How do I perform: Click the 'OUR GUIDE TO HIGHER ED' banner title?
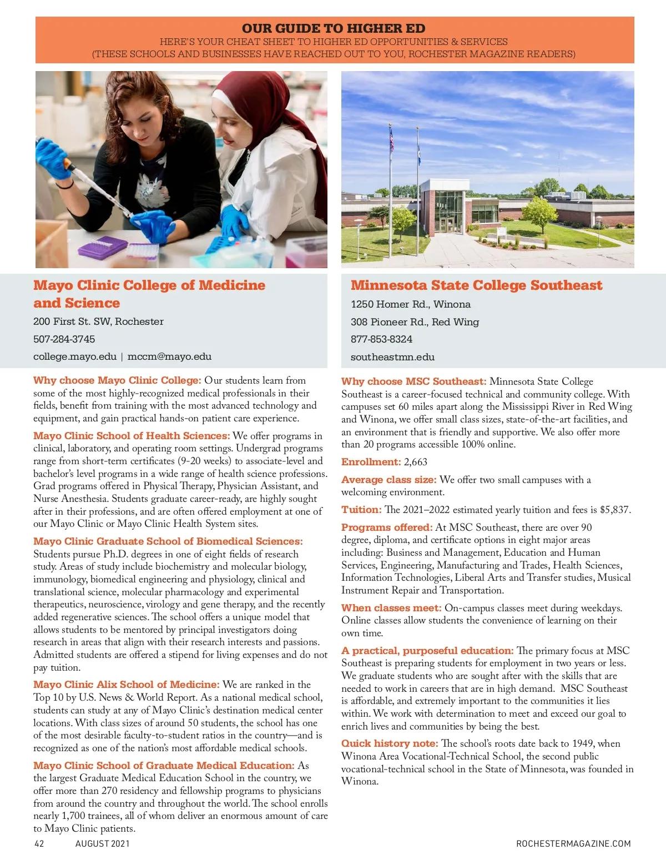(x=334, y=28)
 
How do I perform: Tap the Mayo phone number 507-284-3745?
(x=64, y=339)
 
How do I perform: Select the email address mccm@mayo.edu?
(x=169, y=356)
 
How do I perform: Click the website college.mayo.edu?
(x=74, y=356)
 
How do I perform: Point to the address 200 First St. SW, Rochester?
(x=98, y=321)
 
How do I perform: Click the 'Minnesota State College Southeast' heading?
(x=476, y=285)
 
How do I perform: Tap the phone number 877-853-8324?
(x=381, y=339)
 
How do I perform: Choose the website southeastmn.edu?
(x=392, y=357)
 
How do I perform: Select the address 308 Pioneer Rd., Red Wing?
(x=415, y=322)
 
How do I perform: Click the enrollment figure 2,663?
(x=416, y=462)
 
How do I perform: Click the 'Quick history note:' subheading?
(x=389, y=743)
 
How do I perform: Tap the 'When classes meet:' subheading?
(x=391, y=608)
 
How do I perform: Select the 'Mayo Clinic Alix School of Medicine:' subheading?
(x=126, y=685)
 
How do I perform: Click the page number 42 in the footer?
(x=39, y=844)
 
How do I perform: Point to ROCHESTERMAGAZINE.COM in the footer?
(x=573, y=844)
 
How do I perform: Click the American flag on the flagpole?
(x=391, y=139)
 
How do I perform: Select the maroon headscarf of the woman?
(x=244, y=111)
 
